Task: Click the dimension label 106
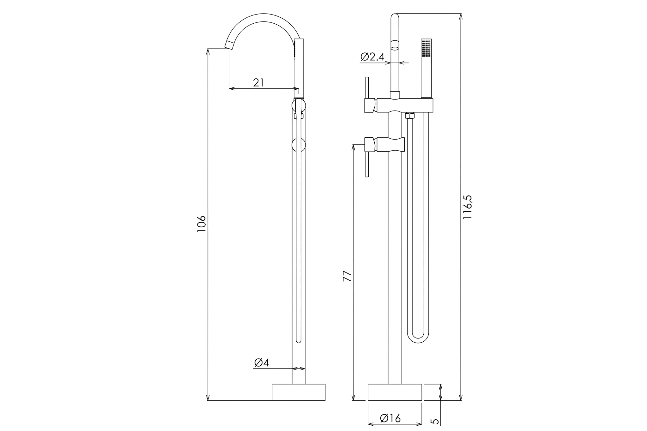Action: click(202, 224)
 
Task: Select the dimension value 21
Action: click(258, 83)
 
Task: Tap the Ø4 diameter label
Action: click(262, 363)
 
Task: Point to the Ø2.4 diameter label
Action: click(372, 57)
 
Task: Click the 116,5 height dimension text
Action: click(467, 207)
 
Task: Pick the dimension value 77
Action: click(347, 276)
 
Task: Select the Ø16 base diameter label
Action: click(390, 418)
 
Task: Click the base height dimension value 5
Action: click(435, 421)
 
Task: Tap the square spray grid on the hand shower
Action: click(426, 48)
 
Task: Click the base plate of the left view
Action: click(299, 392)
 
